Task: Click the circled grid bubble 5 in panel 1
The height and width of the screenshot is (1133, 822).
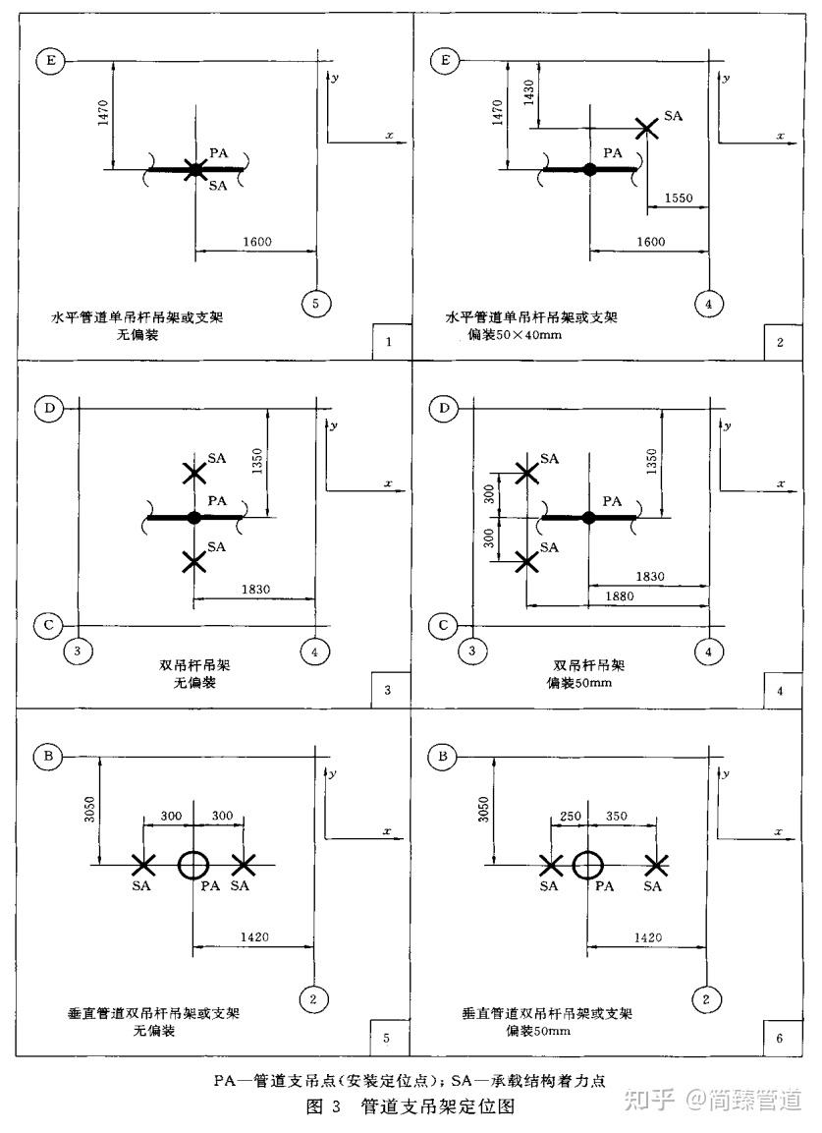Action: (x=315, y=303)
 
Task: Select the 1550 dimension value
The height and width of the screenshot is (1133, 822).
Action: (x=679, y=198)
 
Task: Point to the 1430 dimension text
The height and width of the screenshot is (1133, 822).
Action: (x=528, y=92)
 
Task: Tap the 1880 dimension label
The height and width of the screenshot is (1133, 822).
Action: (x=619, y=595)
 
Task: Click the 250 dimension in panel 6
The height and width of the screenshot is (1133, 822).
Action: (x=570, y=816)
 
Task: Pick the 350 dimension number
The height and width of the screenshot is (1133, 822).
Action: (x=616, y=816)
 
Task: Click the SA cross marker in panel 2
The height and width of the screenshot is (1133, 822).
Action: (x=646, y=129)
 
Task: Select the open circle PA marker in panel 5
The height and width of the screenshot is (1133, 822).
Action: (x=192, y=864)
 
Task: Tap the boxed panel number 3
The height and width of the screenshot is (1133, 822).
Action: (x=387, y=690)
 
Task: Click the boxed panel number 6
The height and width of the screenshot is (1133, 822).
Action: (x=780, y=1038)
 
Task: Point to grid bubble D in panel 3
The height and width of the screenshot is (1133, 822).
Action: (x=49, y=408)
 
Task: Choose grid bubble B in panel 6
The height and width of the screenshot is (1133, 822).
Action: (x=443, y=757)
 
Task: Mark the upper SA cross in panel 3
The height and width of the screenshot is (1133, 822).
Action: (x=193, y=474)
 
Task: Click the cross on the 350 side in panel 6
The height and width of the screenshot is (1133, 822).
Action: (x=656, y=864)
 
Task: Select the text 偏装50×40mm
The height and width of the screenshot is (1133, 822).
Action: (x=514, y=334)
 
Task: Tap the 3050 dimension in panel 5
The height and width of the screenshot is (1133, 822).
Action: (x=89, y=810)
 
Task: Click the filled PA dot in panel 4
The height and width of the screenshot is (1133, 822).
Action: (x=588, y=517)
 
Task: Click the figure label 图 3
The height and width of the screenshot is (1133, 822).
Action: (x=323, y=1106)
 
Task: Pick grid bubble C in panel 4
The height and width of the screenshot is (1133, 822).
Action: (x=444, y=625)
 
